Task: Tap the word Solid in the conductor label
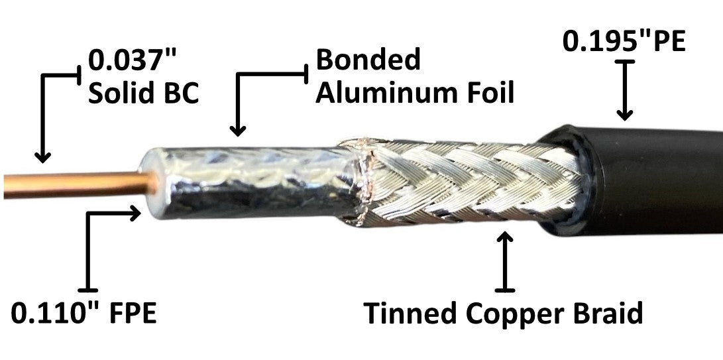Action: point(121,93)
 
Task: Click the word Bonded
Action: point(368,60)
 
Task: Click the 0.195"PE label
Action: point(624,42)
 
